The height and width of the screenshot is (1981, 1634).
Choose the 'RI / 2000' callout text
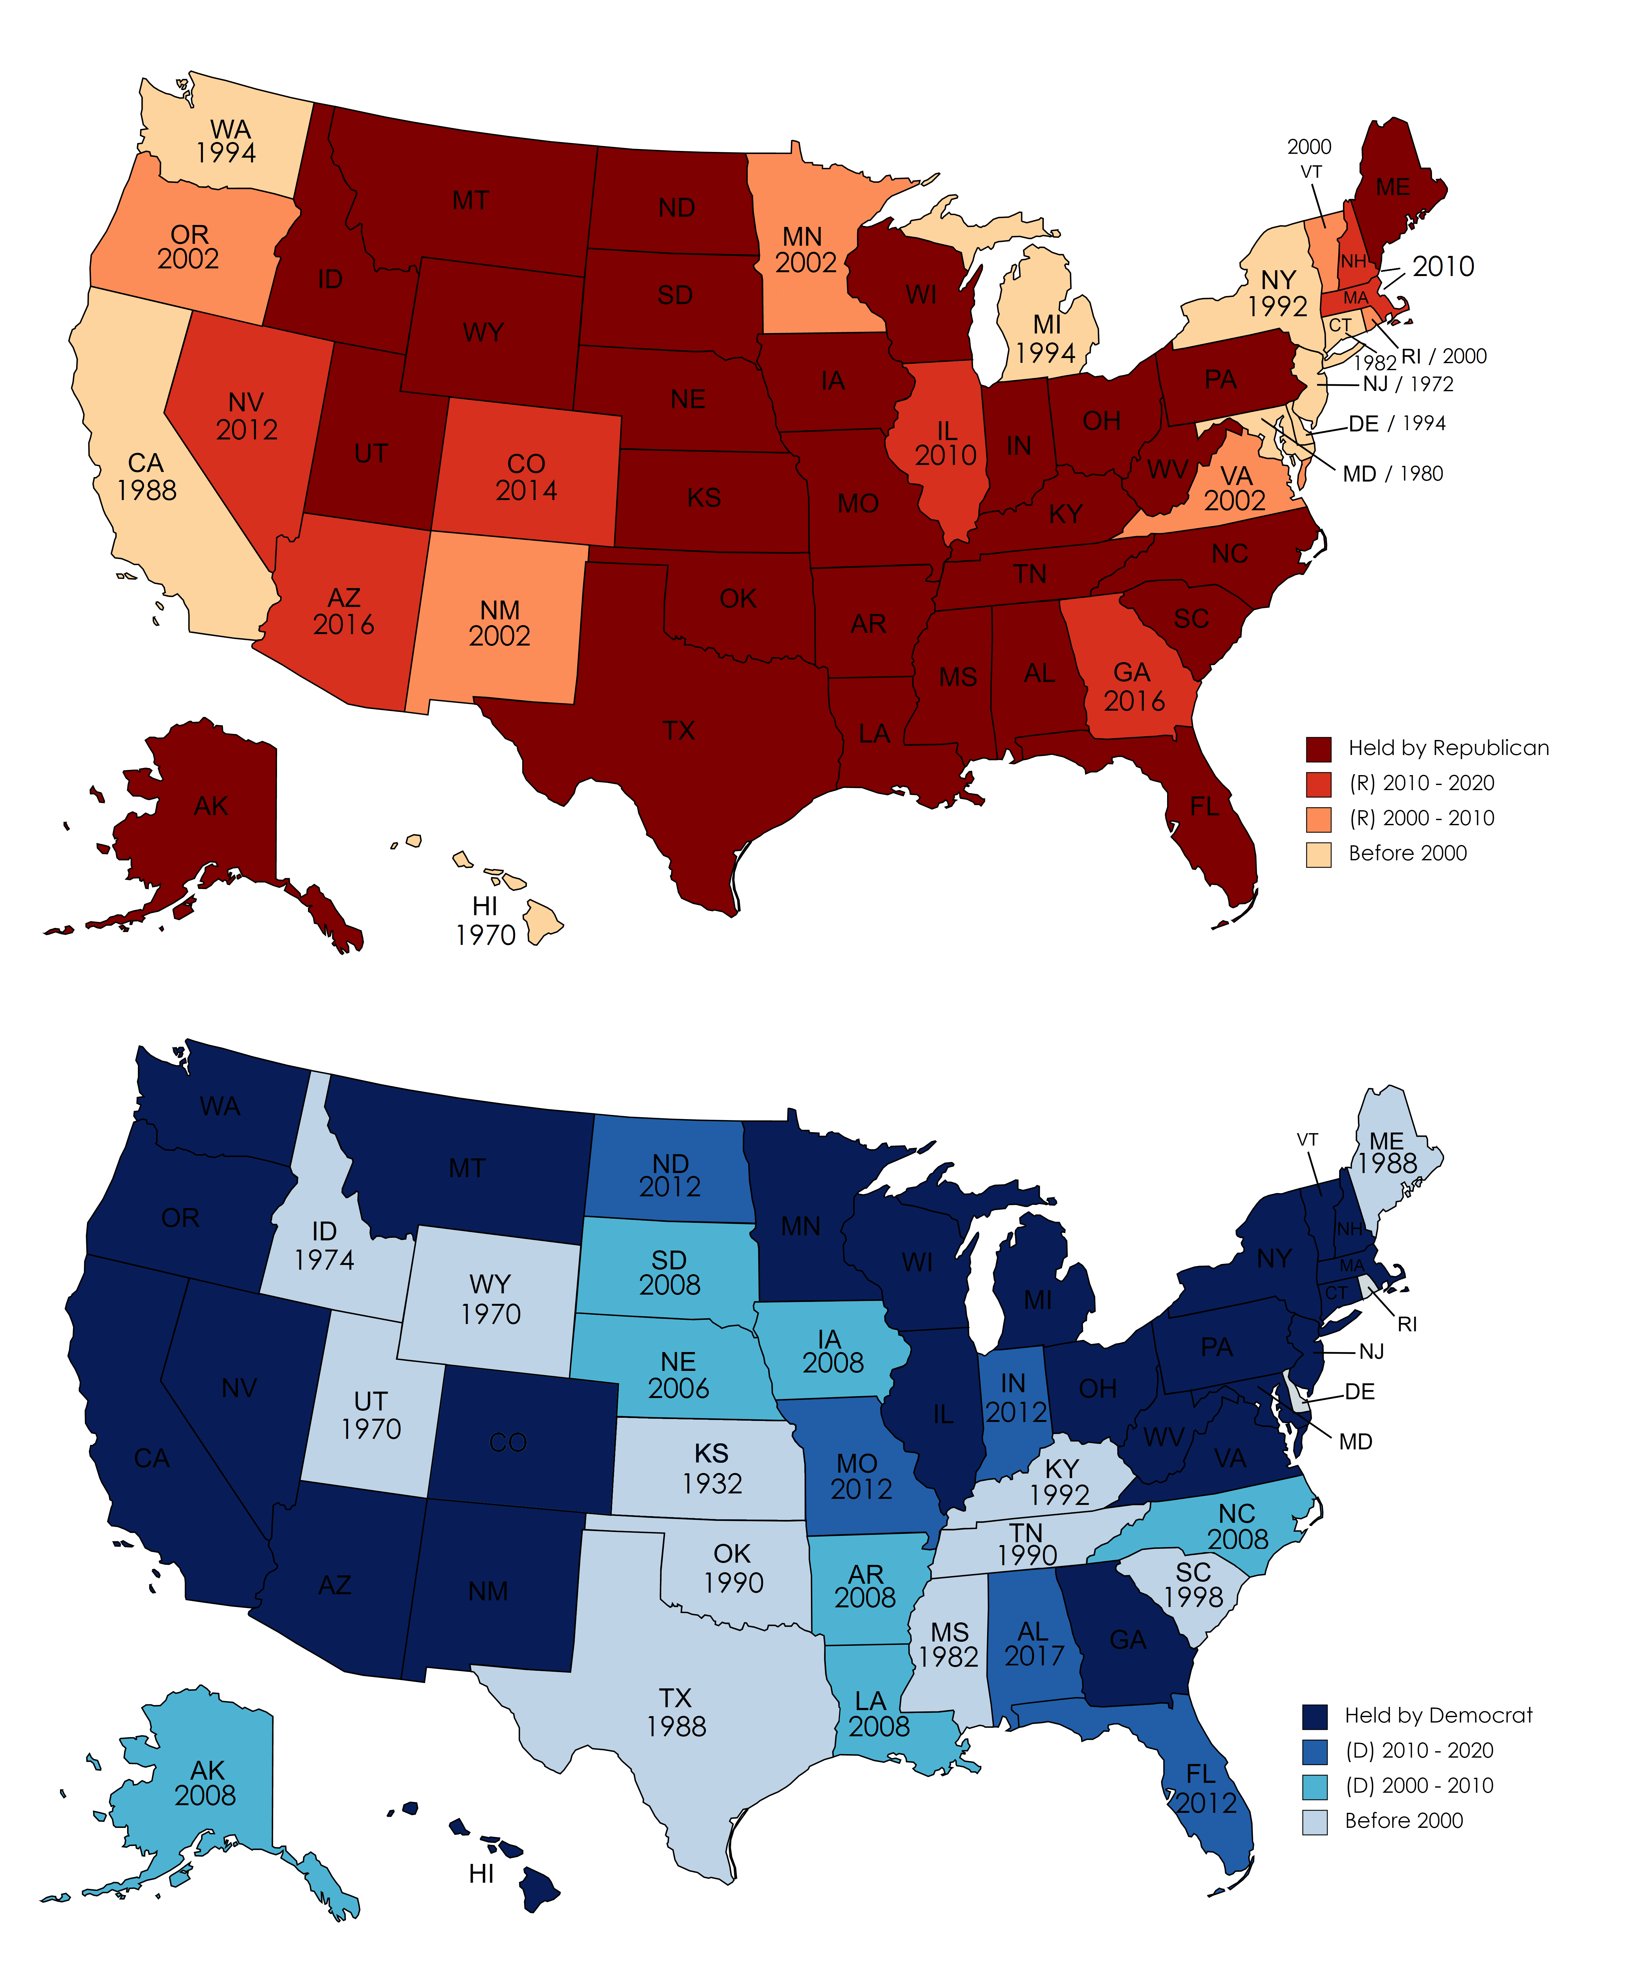click(1444, 356)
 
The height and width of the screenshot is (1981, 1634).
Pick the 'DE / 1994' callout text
click(1397, 423)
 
